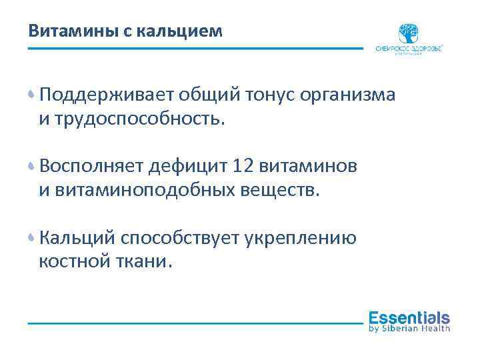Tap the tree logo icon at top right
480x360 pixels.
[x=409, y=33]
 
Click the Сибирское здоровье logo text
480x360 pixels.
[x=409, y=49]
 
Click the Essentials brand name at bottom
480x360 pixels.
[x=409, y=317]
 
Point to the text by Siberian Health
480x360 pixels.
[x=409, y=328]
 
